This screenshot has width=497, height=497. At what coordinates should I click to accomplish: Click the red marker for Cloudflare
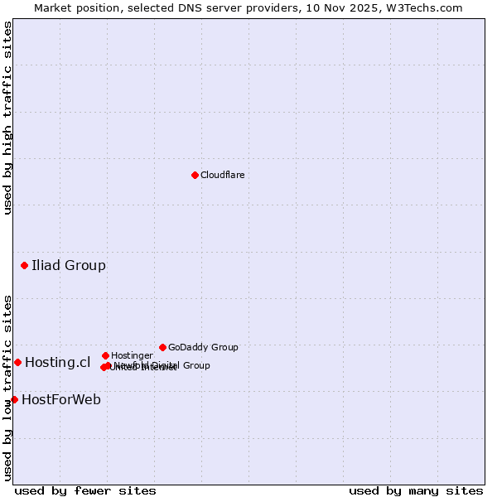pos(195,175)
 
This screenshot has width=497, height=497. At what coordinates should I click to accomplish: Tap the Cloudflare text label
pos(222,175)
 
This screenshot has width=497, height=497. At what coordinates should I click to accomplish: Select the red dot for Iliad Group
pos(25,266)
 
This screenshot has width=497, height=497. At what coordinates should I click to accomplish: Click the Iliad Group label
pos(69,266)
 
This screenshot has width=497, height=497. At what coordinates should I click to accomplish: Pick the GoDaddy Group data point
pos(162,347)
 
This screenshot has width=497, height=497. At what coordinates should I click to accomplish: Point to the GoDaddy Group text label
pos(203,348)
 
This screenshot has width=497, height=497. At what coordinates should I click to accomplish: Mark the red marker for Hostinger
pos(105,355)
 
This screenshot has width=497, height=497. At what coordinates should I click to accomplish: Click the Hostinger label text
pos(132,356)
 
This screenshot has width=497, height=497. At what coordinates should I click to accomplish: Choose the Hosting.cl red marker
pos(17,362)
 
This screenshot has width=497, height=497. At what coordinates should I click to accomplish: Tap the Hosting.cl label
pos(57,362)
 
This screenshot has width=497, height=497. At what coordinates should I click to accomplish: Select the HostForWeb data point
pos(14,399)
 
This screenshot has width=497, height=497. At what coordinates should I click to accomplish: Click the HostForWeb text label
pos(61,399)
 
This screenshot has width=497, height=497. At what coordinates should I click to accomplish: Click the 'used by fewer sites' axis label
pos(85,490)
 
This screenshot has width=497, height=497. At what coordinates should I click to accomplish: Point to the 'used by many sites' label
pos(416,490)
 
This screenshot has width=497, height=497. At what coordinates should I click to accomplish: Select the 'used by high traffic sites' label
pos(7,118)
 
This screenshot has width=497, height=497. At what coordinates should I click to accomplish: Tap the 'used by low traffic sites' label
pos(7,388)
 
